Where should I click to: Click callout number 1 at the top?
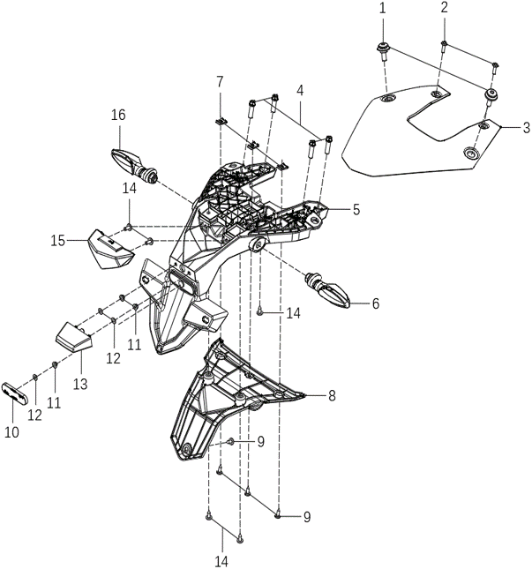pos(382,8)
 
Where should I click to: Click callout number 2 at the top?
pos(444,8)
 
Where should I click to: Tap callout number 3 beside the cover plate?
pos(526,128)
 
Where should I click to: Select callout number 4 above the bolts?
pos(300,90)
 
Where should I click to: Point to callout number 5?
pos(356,210)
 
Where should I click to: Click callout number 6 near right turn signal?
pos(375,303)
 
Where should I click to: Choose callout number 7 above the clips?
pos(220,82)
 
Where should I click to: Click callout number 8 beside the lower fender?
pos(331,396)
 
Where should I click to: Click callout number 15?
pos(58,240)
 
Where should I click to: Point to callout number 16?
pos(118,115)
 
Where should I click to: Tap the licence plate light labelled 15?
pos(109,250)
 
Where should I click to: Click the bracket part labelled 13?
pos(73,338)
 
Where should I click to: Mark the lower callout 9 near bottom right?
pos(307,515)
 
